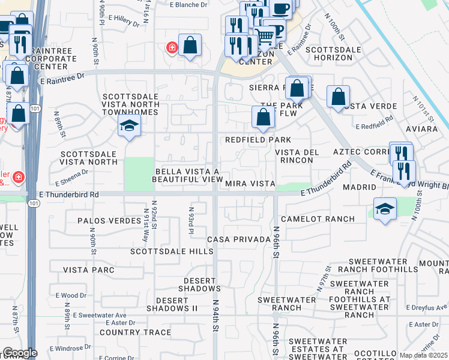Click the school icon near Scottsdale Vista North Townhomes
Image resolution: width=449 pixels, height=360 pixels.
click(128, 125)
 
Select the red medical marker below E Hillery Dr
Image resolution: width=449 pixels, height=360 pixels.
click(172, 47)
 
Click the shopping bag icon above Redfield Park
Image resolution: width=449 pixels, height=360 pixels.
click(263, 117)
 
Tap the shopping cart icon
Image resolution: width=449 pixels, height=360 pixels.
click(264, 37)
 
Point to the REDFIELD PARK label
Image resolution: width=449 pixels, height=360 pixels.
click(258, 140)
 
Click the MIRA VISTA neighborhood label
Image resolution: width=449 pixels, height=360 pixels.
click(250, 184)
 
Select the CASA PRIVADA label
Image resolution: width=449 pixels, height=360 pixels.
click(238, 239)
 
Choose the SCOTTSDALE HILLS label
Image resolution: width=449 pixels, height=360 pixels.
click(172, 252)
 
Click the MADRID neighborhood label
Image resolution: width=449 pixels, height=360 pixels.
click(359, 187)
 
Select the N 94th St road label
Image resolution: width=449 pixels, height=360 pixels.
click(214, 313)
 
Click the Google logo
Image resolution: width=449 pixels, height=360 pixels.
click(20, 353)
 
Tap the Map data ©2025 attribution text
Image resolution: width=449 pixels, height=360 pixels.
click(423, 355)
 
